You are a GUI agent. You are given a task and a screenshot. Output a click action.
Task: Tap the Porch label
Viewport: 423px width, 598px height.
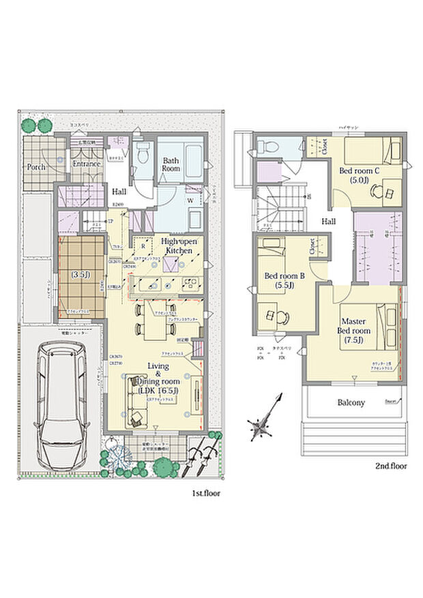click(x=36, y=166)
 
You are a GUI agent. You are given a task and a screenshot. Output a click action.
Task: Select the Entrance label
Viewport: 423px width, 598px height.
click(x=87, y=164)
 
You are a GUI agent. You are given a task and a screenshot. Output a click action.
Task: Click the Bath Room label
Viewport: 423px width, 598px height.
click(x=171, y=166)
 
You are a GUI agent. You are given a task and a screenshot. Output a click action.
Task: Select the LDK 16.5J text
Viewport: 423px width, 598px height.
click(x=158, y=390)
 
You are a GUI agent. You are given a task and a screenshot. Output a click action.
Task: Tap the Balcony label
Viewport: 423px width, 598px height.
click(x=351, y=402)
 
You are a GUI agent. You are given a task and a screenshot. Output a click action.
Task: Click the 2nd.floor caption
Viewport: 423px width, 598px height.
click(x=390, y=466)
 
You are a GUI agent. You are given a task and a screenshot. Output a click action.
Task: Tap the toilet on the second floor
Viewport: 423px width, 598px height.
click(x=268, y=145)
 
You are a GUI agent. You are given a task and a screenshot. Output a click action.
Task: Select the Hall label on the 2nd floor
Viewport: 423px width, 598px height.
click(x=329, y=221)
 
